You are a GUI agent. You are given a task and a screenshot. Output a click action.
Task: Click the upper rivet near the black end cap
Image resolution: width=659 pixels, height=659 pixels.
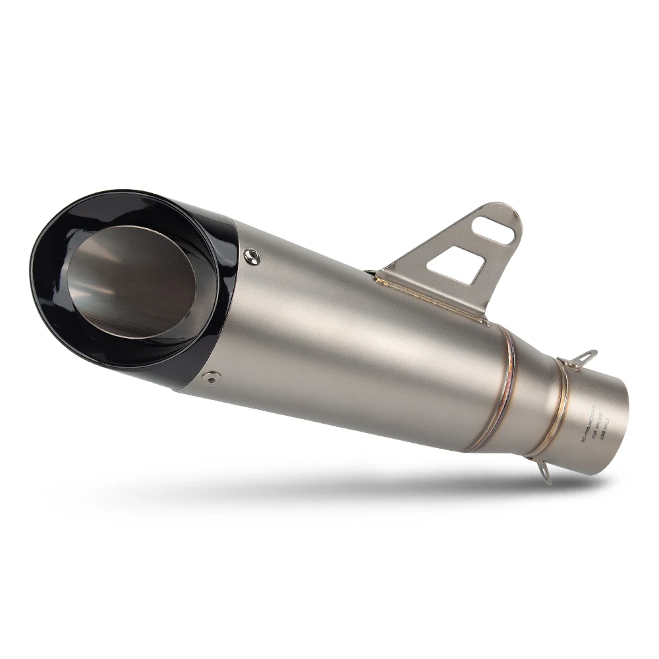[x=251, y=256]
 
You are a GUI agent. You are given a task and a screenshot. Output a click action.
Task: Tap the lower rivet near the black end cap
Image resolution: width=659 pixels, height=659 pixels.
[x=211, y=378]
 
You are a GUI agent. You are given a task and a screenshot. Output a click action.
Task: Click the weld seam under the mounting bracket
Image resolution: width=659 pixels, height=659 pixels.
[x=432, y=300]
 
